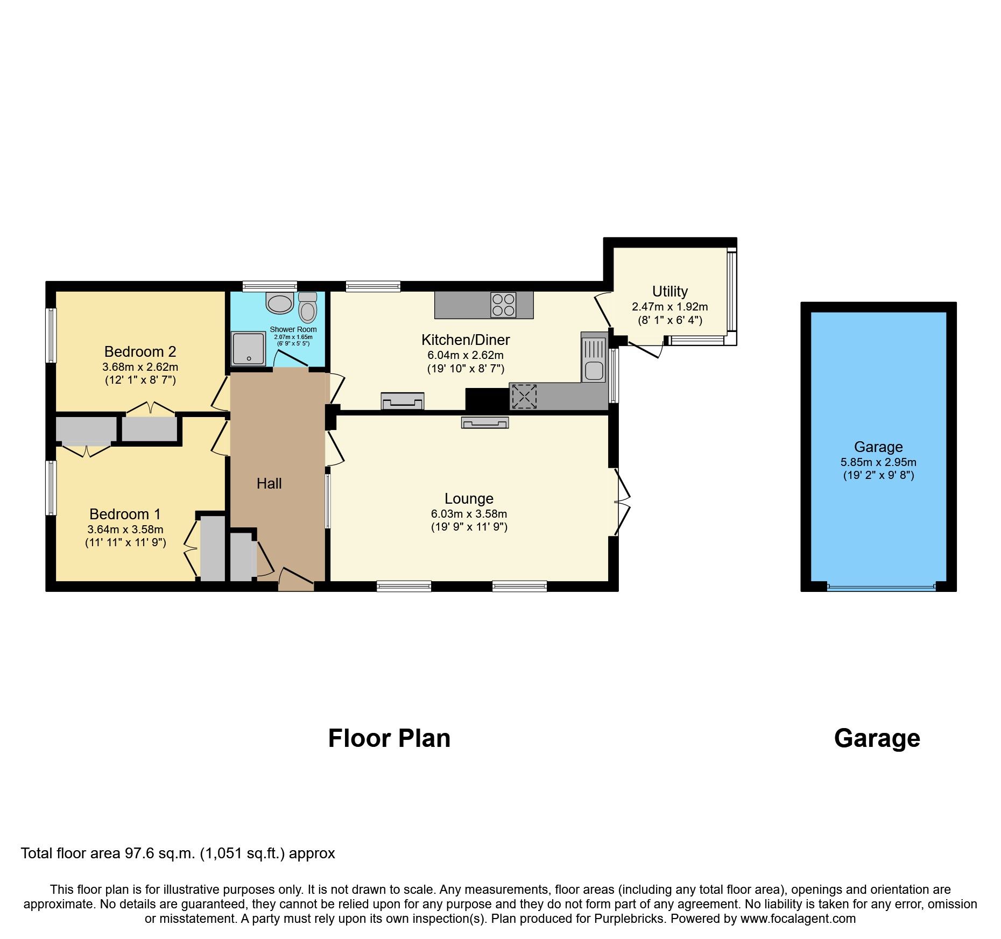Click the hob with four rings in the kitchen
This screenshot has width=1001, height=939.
pos(503,305)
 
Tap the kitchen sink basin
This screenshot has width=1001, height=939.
pos(594,371)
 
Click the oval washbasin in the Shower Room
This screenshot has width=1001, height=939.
pos(279,304)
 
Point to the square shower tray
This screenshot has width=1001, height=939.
pos(248,349)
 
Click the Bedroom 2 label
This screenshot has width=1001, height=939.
pos(140,352)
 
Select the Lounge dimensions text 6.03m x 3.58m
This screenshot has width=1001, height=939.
pos(469,514)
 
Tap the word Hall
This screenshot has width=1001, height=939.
pos(269,484)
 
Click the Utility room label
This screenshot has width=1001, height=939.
pos(669,292)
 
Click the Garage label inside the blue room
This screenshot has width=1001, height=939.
pos(878,447)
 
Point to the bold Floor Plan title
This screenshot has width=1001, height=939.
pos(389,738)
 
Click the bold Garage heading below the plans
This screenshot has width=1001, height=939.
pos(877,738)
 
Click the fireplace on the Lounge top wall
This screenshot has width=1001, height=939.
pos(484,423)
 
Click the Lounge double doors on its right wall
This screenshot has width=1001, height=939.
pos(621,502)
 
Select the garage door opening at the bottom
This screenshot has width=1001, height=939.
pos(881,587)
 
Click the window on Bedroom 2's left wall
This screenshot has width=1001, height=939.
pos(51,335)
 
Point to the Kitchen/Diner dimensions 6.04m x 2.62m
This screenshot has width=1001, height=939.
pos(466,355)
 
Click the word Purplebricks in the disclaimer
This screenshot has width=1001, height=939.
pos(629,919)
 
